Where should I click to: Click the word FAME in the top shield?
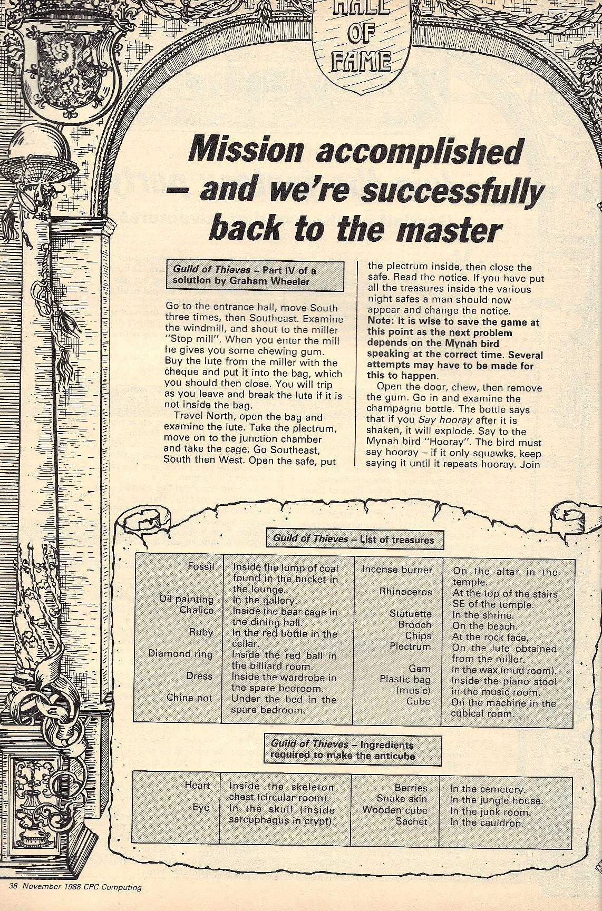(x=361, y=62)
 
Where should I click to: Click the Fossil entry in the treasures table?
(x=201, y=566)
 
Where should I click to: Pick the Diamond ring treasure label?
(x=180, y=654)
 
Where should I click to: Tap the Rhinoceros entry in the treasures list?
(x=405, y=592)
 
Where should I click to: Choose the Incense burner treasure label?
(x=397, y=570)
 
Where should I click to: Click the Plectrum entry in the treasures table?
(x=410, y=646)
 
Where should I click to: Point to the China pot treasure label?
(x=189, y=698)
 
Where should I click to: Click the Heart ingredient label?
(x=197, y=785)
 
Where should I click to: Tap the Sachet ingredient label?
(x=412, y=821)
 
